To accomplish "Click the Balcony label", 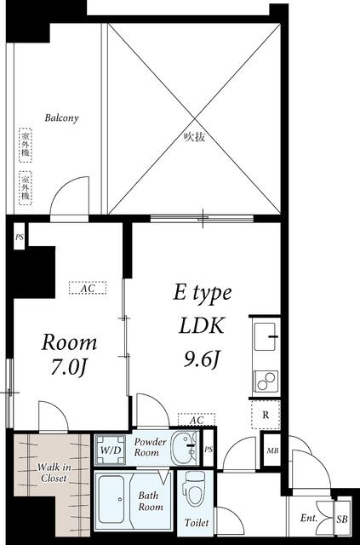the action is click(x=61, y=118).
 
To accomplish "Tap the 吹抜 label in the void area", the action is click(x=195, y=137).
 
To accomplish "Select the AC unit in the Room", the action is click(x=88, y=288).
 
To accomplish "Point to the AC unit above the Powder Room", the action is click(x=197, y=420).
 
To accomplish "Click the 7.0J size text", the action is click(x=68, y=367).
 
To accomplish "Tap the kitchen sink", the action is click(x=266, y=336).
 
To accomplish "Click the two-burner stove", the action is click(x=266, y=381).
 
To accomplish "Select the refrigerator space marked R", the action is click(x=266, y=415).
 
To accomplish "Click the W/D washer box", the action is click(x=111, y=450).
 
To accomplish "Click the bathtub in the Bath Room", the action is click(x=111, y=500).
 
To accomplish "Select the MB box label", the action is click(x=272, y=451).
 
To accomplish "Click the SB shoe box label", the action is click(x=341, y=519).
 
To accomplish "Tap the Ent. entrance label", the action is click(x=309, y=519).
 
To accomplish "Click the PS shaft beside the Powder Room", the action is click(x=209, y=450).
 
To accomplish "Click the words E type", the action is click(x=203, y=294).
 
